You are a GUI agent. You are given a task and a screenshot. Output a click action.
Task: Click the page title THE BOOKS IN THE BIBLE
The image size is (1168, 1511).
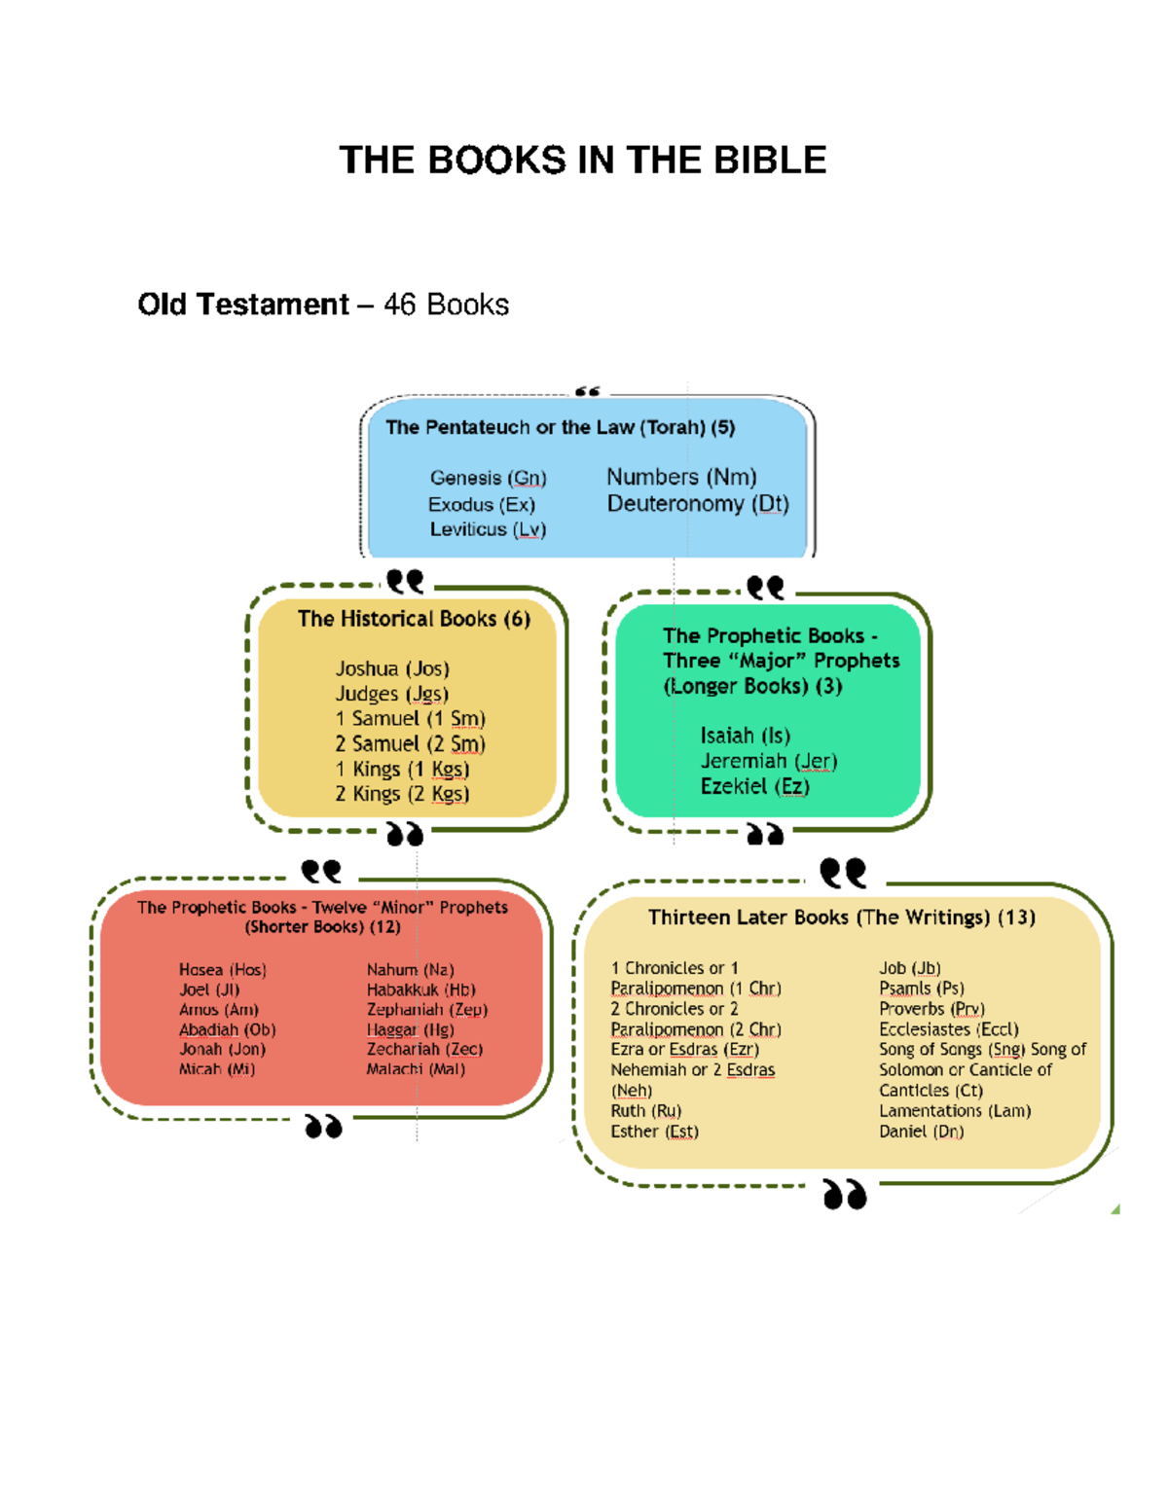coord(582,160)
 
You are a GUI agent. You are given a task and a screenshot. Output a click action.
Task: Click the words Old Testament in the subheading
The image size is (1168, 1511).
coord(242,305)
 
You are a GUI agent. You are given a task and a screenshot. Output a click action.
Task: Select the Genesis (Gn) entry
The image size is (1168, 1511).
coord(488,478)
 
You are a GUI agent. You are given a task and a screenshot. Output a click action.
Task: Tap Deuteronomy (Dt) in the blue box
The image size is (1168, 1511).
coord(697,504)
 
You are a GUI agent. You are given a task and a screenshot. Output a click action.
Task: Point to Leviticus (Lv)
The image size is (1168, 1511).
coord(488,529)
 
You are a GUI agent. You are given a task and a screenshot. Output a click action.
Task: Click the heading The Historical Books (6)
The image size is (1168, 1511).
coord(414,619)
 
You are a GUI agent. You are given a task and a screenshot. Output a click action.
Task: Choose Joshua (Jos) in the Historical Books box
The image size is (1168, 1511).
coord(392,668)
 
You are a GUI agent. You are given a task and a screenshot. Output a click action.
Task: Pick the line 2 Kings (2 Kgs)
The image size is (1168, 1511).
coord(402,794)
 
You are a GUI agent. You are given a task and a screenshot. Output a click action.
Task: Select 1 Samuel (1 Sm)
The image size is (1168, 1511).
coord(410,719)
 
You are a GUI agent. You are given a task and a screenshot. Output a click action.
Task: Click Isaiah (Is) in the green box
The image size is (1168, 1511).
coord(745,736)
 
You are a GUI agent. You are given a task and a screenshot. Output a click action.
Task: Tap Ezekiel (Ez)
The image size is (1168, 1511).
coord(754,786)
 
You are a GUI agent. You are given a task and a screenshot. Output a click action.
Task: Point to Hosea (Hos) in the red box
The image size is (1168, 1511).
coord(222,970)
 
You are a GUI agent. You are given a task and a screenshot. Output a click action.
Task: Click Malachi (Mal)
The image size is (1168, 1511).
coord(416,1069)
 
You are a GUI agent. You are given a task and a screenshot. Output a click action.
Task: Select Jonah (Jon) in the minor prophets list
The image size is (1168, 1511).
coord(222,1049)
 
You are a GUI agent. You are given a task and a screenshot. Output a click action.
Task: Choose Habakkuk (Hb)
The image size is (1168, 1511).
coord(420,989)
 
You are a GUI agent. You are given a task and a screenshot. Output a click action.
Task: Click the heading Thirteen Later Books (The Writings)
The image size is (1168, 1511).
coord(841,917)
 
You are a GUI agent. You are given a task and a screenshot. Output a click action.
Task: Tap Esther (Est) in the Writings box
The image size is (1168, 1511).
coord(654,1132)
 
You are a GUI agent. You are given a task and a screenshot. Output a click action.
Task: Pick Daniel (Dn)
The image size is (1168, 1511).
coord(921,1132)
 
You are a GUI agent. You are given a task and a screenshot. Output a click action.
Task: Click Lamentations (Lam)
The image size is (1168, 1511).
coord(954,1111)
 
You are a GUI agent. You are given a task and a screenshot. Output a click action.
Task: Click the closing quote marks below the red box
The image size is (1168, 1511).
coord(323,1127)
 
